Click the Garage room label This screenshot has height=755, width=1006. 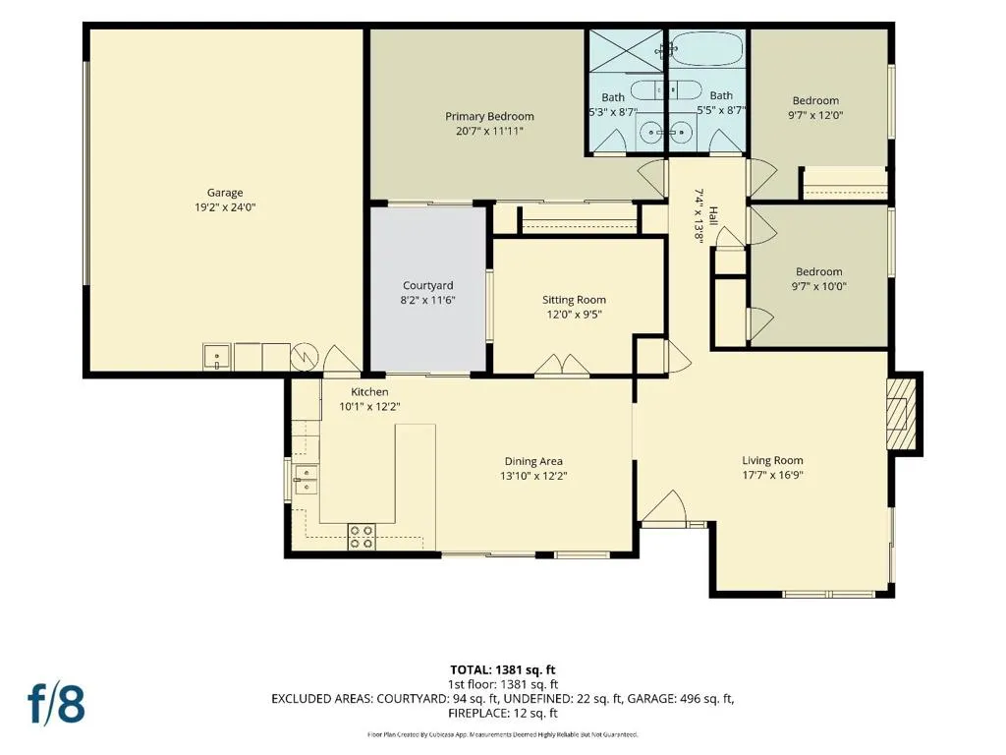(x=225, y=193)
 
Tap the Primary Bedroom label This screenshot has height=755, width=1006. (x=489, y=116)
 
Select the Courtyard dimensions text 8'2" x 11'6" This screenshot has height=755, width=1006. (x=428, y=300)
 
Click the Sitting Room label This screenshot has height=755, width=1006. (x=574, y=299)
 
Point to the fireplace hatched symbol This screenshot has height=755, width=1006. (x=901, y=415)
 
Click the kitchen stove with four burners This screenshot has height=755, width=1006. (x=362, y=537)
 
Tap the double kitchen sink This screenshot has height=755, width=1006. (x=307, y=480)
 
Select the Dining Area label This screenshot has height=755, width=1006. (x=533, y=461)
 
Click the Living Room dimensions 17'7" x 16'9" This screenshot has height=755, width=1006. (x=772, y=475)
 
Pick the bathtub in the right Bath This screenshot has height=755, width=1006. (x=707, y=49)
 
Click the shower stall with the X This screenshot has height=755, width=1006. (x=627, y=51)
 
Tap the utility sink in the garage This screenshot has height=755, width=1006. (x=217, y=357)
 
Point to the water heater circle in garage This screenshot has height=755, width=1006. (x=305, y=357)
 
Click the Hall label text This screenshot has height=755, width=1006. (x=713, y=214)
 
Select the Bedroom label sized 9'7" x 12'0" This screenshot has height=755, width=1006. (x=815, y=100)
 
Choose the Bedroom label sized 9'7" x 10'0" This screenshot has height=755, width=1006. (x=819, y=271)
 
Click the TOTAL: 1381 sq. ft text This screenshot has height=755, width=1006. (x=503, y=670)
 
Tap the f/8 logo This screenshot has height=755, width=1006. (x=56, y=704)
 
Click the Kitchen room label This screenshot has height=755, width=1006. (x=369, y=391)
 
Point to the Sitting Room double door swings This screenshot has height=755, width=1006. (x=562, y=364)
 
